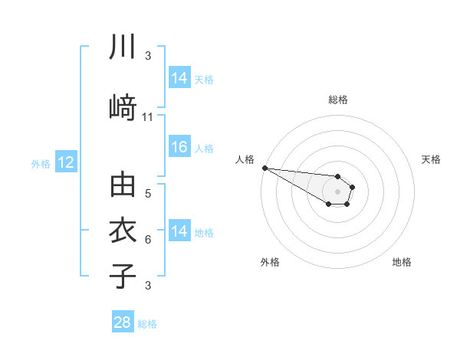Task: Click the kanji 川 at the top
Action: coord(123,48)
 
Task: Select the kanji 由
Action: coord(123,187)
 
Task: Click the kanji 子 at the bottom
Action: coord(123,275)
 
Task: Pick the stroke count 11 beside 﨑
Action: coord(148,117)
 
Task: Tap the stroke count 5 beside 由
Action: coord(148,194)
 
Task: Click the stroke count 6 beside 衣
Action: coord(148,240)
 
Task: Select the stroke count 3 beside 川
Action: coord(148,56)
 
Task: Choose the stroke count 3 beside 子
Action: coord(148,286)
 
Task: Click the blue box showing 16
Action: coord(179,148)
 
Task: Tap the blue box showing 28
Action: coord(123,322)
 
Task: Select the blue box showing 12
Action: coord(66,162)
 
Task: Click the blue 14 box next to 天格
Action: coord(179,77)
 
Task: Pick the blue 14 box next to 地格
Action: coord(179,231)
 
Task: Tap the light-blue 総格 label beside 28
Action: coord(147,324)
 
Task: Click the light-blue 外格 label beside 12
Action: coord(41,163)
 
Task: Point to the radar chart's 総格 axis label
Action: coord(338,100)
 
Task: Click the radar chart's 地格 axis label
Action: coord(402,262)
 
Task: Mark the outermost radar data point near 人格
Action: coord(264,167)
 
